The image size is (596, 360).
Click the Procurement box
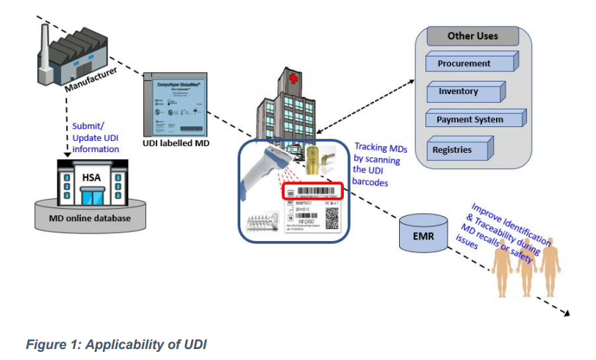click(x=464, y=63)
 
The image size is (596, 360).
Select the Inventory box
click(x=459, y=92)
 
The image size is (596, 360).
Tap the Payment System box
click(x=470, y=120)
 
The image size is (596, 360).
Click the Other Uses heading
click(x=473, y=35)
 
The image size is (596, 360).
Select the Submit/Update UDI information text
click(x=96, y=137)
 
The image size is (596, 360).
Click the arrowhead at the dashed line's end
click(x=567, y=314)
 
